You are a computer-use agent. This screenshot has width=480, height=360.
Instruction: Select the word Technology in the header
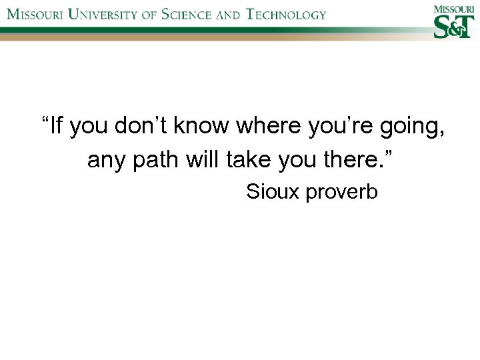pyautogui.click(x=286, y=14)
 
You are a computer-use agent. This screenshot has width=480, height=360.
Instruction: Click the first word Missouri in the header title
pyautogui.click(x=33, y=14)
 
